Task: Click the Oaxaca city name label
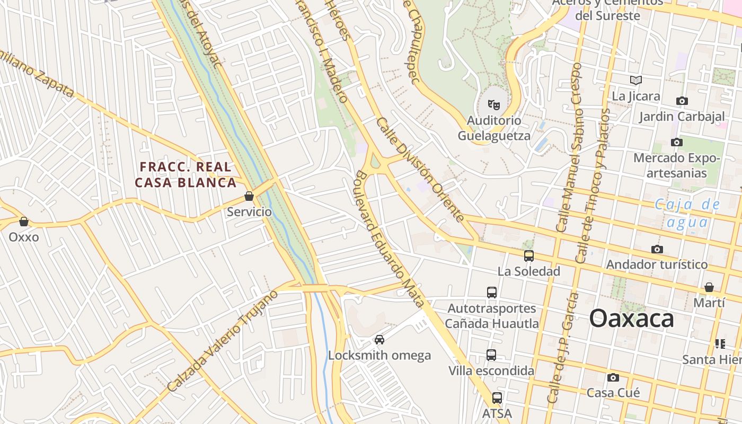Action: click(x=631, y=319)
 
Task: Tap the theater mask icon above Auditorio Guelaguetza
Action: click(x=494, y=104)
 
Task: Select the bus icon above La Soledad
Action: click(x=528, y=256)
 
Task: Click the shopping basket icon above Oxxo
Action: click(x=23, y=222)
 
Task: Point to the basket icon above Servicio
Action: click(x=249, y=197)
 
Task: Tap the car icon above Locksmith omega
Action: click(x=379, y=339)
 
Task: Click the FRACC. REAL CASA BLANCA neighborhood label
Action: click(x=185, y=175)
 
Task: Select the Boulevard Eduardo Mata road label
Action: click(x=390, y=238)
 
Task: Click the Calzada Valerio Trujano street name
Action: click(x=223, y=341)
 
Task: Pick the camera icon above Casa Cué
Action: click(x=613, y=377)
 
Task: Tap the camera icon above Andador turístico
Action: click(x=657, y=249)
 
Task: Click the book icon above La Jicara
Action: click(x=636, y=80)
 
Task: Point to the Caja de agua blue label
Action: click(x=687, y=213)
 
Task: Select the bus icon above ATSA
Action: click(x=497, y=397)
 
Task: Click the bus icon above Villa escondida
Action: click(x=491, y=355)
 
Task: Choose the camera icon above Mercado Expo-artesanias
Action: click(x=677, y=142)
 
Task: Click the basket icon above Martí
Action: click(x=709, y=287)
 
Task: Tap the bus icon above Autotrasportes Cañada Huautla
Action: click(x=492, y=292)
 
